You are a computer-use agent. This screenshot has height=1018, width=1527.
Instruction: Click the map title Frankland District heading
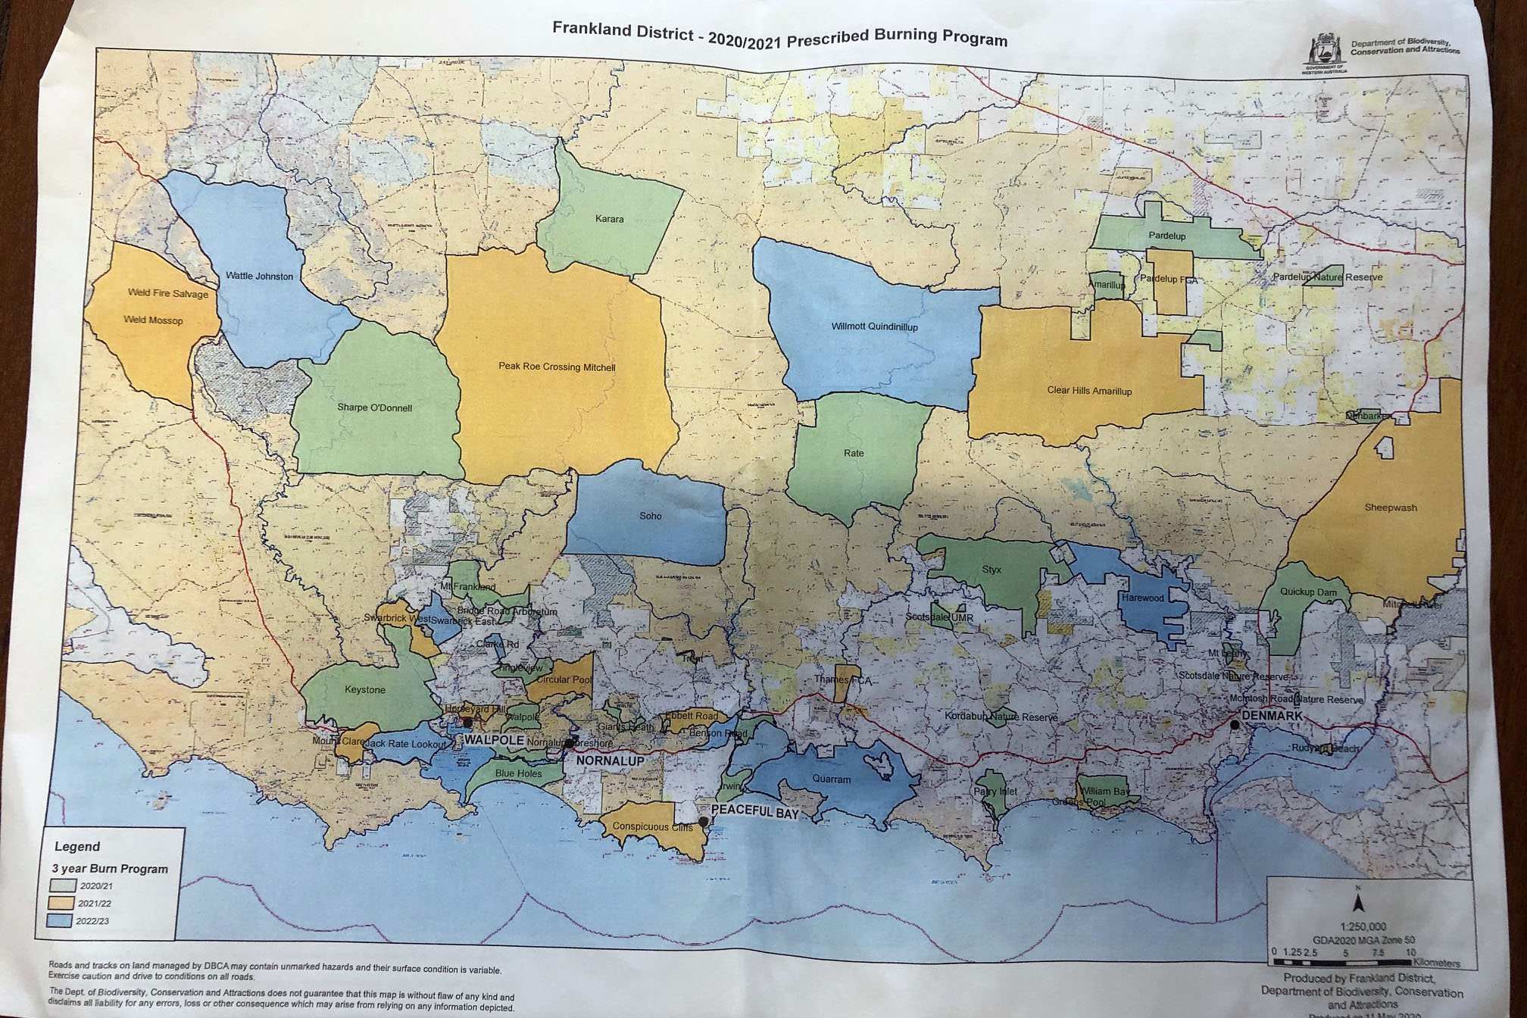click(779, 35)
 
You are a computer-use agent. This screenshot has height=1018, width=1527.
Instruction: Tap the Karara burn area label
click(609, 219)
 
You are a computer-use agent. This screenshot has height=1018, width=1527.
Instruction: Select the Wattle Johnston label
click(259, 276)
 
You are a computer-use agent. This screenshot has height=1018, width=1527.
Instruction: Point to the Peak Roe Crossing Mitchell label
click(557, 367)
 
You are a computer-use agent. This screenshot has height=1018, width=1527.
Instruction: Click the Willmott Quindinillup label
click(874, 326)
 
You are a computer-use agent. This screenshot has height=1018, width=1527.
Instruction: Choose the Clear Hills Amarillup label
click(1089, 391)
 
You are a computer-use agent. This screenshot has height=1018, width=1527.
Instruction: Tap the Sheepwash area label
click(1390, 507)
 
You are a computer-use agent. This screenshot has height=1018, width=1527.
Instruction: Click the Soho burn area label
click(650, 516)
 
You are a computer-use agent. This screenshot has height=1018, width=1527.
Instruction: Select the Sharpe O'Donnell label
click(374, 408)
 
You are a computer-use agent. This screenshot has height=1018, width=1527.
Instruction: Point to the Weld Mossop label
click(153, 320)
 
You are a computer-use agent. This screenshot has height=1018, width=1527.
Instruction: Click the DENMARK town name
click(1272, 715)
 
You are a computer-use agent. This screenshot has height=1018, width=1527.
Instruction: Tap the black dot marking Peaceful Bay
click(703, 821)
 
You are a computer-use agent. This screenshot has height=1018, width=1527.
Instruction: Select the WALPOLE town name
click(494, 739)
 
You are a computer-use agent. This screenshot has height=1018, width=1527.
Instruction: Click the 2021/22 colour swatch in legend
click(61, 903)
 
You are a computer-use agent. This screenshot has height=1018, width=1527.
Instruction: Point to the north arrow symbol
click(1358, 902)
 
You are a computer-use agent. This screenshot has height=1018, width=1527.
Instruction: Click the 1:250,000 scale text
click(1363, 926)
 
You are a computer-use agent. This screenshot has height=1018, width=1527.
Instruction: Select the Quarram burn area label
click(831, 779)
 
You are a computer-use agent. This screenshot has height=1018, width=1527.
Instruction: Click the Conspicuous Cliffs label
click(652, 826)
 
